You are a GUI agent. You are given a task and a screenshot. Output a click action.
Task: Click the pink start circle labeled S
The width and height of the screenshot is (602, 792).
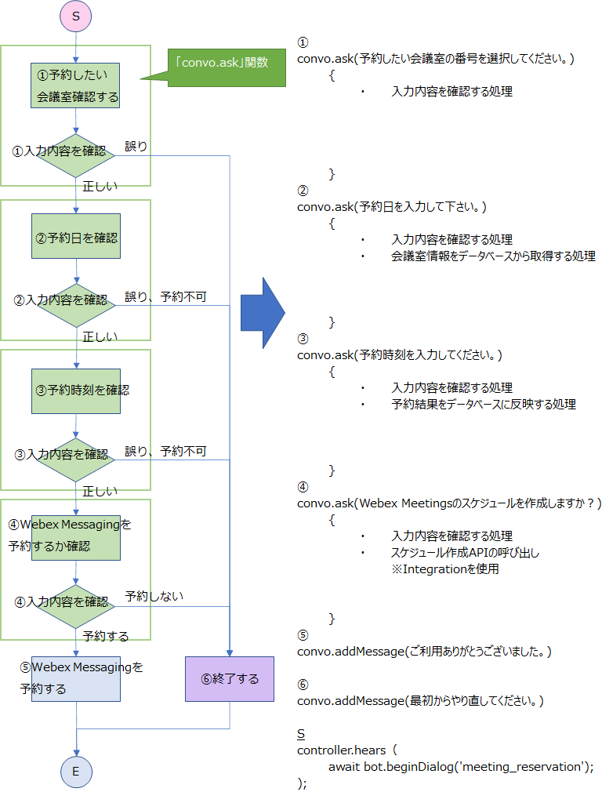[x=76, y=15]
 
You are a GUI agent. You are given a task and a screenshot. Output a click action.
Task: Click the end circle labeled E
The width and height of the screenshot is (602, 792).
[x=76, y=771]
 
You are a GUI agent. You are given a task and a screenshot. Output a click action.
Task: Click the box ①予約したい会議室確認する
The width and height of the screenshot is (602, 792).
[x=76, y=85]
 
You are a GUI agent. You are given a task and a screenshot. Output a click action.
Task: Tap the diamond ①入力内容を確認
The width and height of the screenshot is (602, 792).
[x=76, y=151]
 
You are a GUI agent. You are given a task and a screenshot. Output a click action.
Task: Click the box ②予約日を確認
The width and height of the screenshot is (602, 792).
[x=76, y=235]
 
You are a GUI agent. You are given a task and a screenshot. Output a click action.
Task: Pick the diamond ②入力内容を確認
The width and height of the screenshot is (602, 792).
[x=76, y=300]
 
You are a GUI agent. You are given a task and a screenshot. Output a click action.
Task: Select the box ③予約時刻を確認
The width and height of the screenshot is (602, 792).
[x=76, y=390]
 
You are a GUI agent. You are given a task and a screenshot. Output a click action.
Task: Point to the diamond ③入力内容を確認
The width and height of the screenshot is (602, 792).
[x=76, y=454]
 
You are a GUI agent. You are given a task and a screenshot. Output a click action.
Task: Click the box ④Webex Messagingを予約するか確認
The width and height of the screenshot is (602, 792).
[x=76, y=536]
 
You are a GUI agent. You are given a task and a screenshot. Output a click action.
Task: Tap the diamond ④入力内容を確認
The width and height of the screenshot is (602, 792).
[x=76, y=602]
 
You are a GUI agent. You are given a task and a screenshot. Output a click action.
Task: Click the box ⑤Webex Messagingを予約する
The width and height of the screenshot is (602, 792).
[x=76, y=678]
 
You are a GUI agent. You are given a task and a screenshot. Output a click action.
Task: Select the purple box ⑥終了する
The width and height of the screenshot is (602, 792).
[x=230, y=678]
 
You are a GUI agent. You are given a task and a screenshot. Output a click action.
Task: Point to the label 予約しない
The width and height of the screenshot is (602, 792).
[x=154, y=596]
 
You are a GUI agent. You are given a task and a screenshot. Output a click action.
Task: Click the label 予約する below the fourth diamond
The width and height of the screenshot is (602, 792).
[x=106, y=635]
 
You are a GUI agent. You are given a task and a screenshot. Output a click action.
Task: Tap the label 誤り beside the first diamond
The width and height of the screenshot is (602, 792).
[x=136, y=146]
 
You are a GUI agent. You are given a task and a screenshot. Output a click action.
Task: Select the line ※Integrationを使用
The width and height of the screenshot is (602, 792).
[x=444, y=569]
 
